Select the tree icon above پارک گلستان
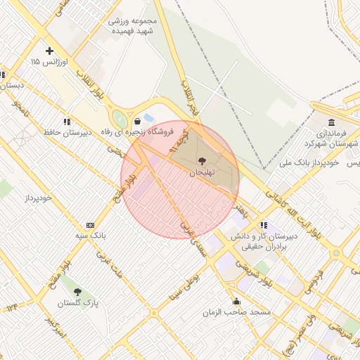click(x=77, y=291)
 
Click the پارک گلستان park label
click(x=77, y=303)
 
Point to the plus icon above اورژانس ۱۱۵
click(x=49, y=51)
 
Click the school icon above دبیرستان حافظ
click(x=66, y=121)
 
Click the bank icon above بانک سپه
click(x=89, y=224)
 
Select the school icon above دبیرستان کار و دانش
click(x=263, y=225)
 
